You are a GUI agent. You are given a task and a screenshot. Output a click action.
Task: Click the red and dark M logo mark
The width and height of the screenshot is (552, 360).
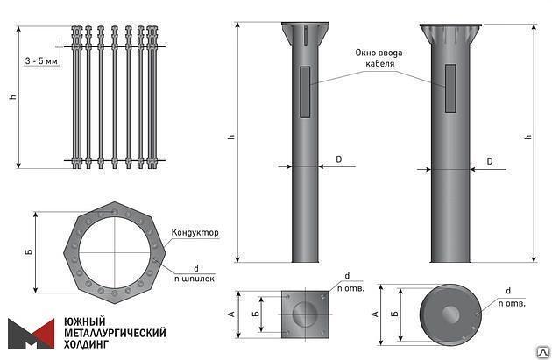(x=30, y=334)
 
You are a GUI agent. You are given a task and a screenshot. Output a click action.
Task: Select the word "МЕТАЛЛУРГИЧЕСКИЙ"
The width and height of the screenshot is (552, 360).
(x=114, y=334)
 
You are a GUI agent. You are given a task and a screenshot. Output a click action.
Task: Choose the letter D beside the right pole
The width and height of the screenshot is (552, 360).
(x=490, y=161)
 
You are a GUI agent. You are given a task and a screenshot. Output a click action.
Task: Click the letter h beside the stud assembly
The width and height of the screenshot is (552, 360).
(x=12, y=96)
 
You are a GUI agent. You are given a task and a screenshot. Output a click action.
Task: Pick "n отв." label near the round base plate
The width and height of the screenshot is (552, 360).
(x=512, y=304)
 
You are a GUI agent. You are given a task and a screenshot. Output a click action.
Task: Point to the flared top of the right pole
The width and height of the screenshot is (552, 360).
(x=449, y=37)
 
